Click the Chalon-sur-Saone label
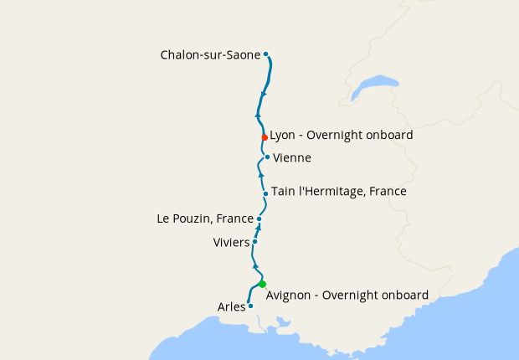click(x=210, y=55)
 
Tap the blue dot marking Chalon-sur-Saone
click(x=266, y=54)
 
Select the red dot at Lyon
click(x=265, y=137)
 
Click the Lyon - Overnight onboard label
click(x=341, y=134)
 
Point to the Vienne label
click(x=292, y=157)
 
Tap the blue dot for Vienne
click(x=267, y=157)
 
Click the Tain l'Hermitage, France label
click(x=338, y=192)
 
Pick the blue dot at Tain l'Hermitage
click(x=265, y=193)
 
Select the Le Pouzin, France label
click(x=205, y=219)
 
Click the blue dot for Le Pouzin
click(x=259, y=219)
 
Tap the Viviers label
click(x=231, y=243)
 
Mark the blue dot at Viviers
click(x=254, y=242)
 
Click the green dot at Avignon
click(x=262, y=284)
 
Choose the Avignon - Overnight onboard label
click(x=347, y=295)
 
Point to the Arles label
click(x=231, y=307)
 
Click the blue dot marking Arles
click(x=250, y=306)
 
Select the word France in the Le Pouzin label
click(x=234, y=219)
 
